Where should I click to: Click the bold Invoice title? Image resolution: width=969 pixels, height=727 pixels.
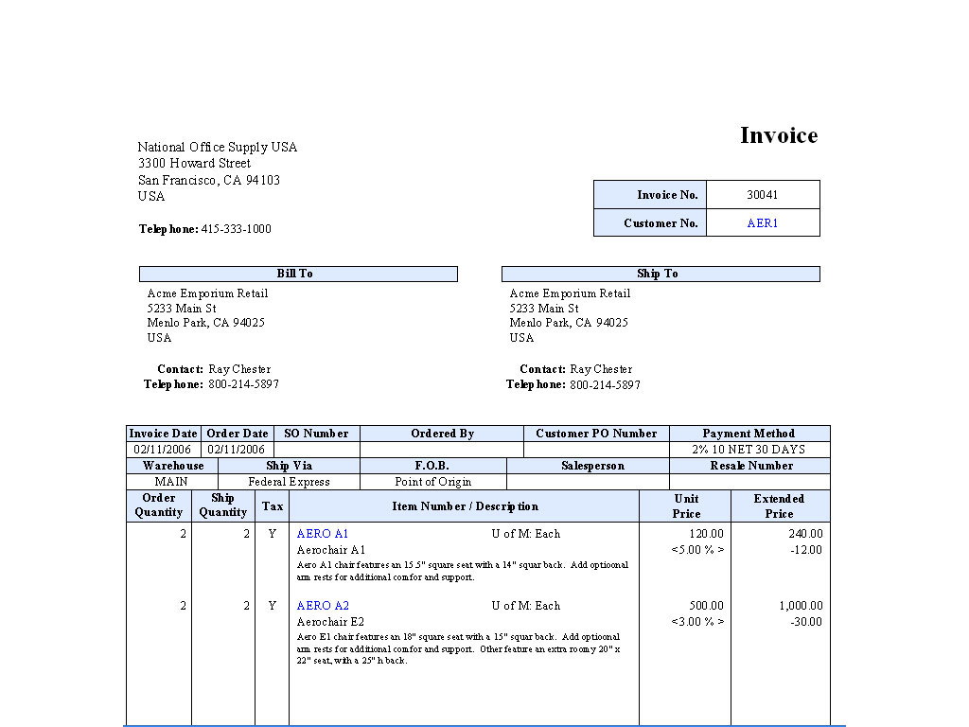click(x=778, y=135)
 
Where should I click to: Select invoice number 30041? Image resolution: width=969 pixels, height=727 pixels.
click(x=762, y=195)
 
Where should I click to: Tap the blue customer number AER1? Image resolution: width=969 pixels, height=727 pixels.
click(x=762, y=223)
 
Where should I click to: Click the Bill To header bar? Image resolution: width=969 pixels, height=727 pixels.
click(x=297, y=274)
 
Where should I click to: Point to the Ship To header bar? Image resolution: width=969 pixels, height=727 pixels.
click(x=660, y=274)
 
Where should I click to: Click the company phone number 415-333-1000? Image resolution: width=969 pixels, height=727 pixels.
click(x=236, y=229)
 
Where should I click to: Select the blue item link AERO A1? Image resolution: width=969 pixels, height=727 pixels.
click(x=323, y=534)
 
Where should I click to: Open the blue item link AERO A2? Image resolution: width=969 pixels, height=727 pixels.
click(x=323, y=606)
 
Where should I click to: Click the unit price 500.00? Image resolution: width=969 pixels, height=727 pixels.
click(x=705, y=606)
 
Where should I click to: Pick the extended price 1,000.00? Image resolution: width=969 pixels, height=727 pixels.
click(x=801, y=606)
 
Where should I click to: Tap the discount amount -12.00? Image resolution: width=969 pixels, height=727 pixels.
click(x=806, y=550)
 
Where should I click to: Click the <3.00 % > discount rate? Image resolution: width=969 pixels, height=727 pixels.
click(x=697, y=622)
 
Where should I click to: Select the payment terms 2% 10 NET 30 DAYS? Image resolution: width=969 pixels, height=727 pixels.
click(x=749, y=450)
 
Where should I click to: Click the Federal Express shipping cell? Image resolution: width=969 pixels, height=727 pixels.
click(x=289, y=482)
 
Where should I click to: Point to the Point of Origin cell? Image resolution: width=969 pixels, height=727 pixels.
click(x=432, y=482)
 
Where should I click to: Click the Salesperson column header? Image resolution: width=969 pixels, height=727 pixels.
click(x=592, y=466)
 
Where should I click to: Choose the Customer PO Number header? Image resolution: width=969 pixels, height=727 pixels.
click(x=596, y=434)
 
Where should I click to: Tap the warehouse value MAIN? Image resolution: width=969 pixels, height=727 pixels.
click(x=171, y=482)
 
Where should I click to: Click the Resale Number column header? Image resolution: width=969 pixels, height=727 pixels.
click(x=751, y=466)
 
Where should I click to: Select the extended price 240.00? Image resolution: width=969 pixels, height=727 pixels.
click(x=805, y=534)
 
